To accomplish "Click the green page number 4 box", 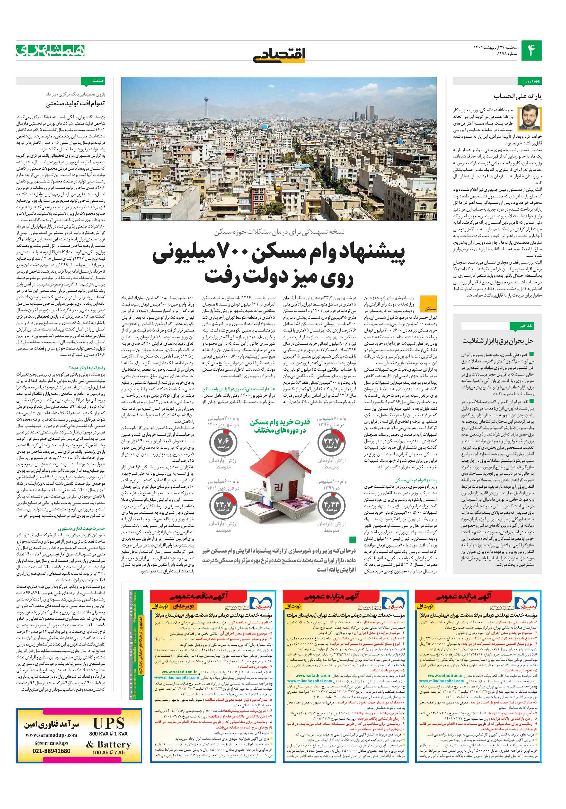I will [531, 50].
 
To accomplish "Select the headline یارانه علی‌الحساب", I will [517, 96].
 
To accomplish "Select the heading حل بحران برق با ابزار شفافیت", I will [498, 341].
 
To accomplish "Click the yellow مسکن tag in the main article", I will [430, 309].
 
